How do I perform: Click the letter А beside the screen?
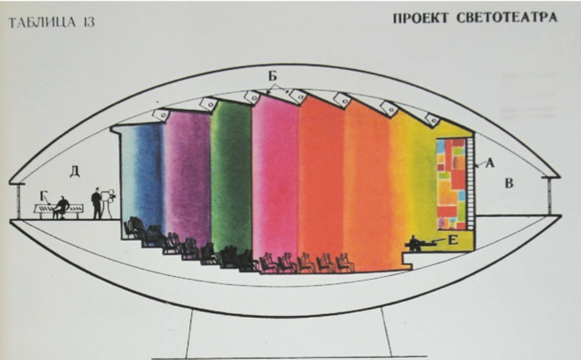click(490, 161)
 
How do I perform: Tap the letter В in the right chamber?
click(509, 183)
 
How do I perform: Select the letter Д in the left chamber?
click(74, 171)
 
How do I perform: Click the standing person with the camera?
click(98, 203)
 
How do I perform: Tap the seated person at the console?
click(61, 206)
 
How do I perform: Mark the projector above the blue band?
click(162, 114)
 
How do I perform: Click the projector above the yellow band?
click(432, 120)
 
